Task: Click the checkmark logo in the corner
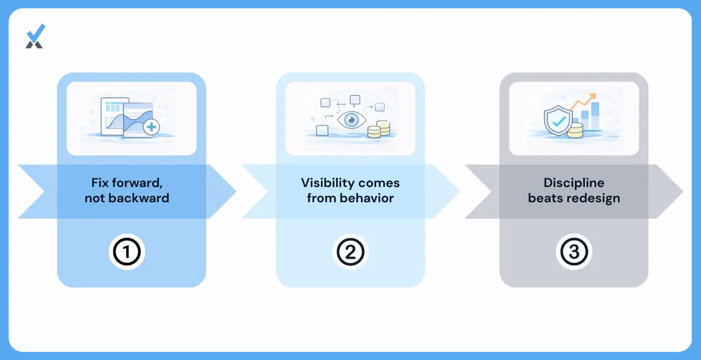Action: click(x=36, y=36)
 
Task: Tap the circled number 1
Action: click(x=127, y=252)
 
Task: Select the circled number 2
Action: click(x=350, y=252)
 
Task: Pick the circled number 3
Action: click(x=574, y=252)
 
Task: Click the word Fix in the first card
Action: click(x=100, y=183)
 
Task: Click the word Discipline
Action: click(x=574, y=183)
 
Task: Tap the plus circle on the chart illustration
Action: click(x=151, y=127)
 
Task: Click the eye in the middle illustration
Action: click(x=352, y=120)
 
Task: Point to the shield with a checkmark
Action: click(x=558, y=120)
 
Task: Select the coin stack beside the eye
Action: click(x=379, y=129)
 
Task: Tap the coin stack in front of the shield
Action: click(x=575, y=130)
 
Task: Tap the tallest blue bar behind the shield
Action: click(x=595, y=116)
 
